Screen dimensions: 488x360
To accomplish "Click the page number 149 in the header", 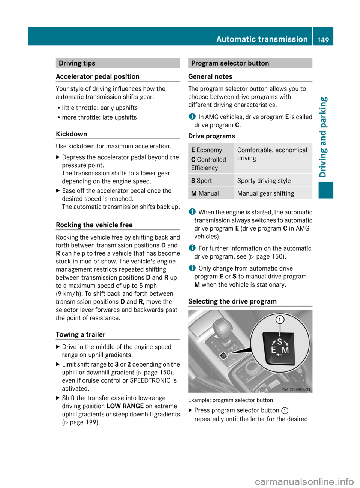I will [323, 40].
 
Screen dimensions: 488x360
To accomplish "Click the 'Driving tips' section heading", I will [77, 63].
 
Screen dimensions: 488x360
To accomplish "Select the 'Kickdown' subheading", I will [71, 134].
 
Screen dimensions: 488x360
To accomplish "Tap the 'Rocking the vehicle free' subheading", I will [94, 225].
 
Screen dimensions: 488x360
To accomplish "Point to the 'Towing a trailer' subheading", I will [81, 335].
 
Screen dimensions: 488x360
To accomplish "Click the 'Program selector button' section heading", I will [230, 63].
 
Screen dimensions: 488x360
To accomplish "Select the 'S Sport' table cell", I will [202, 181].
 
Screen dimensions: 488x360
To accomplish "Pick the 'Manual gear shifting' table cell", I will [265, 193].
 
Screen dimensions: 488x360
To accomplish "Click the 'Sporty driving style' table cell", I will [264, 181].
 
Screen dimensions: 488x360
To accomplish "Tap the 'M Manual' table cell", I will [205, 193].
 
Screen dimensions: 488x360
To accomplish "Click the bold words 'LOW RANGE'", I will [125, 406].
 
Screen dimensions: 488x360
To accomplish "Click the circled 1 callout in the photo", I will [280, 320].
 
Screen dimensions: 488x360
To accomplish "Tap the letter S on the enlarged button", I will [279, 342].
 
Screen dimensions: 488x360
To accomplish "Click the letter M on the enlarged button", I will [285, 350].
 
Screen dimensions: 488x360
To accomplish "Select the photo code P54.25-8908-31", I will [296, 389].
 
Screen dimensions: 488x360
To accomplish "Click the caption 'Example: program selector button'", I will [231, 400].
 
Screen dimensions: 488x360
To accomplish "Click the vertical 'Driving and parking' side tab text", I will [323, 137].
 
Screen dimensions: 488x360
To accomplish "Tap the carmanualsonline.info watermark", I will [304, 481].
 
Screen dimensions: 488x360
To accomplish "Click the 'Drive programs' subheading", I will [211, 136].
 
